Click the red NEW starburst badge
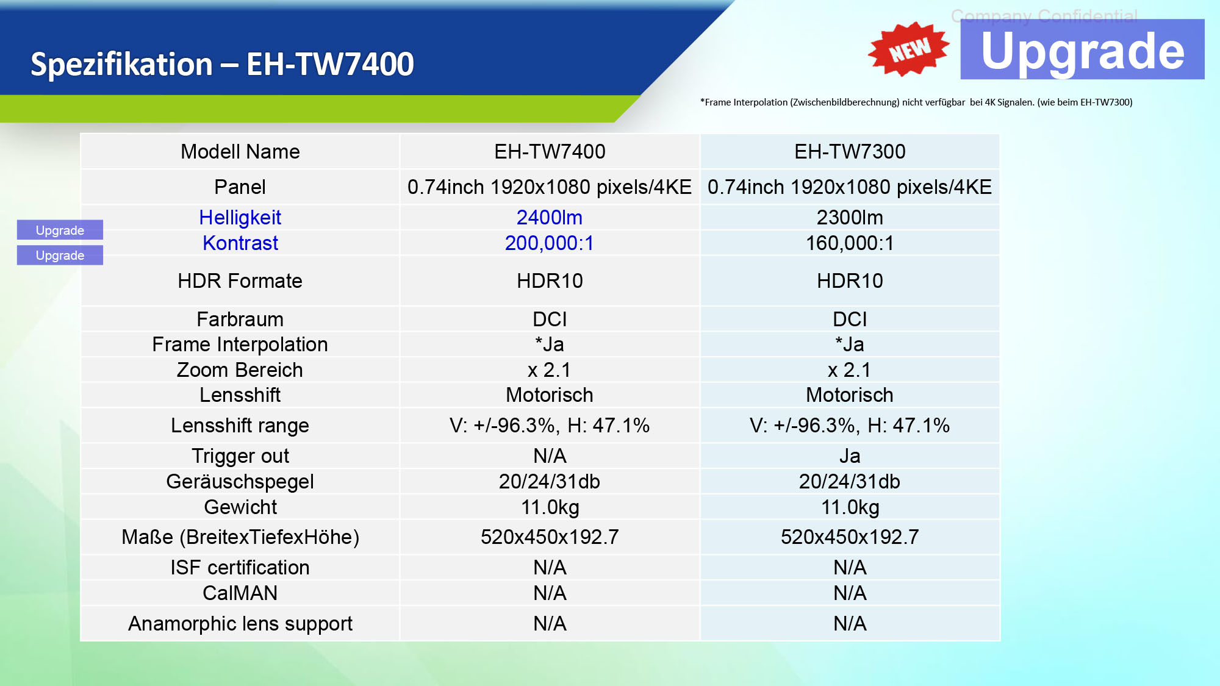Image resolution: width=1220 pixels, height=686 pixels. (908, 49)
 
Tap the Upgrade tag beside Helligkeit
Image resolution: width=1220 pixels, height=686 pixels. (60, 230)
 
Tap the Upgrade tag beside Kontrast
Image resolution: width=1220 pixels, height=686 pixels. (60, 255)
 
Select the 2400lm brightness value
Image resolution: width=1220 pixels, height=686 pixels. (549, 218)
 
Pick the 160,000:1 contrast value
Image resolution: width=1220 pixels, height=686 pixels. (849, 243)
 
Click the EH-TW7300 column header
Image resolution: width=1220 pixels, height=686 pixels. (849, 152)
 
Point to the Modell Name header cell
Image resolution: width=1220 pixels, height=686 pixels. (240, 152)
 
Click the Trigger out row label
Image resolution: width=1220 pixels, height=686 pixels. (240, 456)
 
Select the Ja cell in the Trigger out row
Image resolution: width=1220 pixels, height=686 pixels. (849, 456)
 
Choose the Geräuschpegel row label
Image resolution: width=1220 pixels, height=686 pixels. (240, 482)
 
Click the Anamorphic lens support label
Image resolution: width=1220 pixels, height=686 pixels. (240, 624)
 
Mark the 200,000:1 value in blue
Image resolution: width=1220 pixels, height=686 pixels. (549, 243)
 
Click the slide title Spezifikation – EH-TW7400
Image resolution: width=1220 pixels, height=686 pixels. (222, 64)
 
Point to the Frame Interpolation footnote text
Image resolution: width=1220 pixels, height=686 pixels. (916, 102)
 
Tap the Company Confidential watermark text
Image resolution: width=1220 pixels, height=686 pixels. (1044, 15)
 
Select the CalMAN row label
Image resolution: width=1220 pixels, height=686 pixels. (240, 593)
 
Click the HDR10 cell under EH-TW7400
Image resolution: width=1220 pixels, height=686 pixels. (549, 281)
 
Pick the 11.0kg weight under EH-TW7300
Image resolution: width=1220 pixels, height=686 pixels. (849, 507)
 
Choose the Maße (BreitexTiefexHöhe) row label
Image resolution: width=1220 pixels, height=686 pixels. (240, 537)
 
